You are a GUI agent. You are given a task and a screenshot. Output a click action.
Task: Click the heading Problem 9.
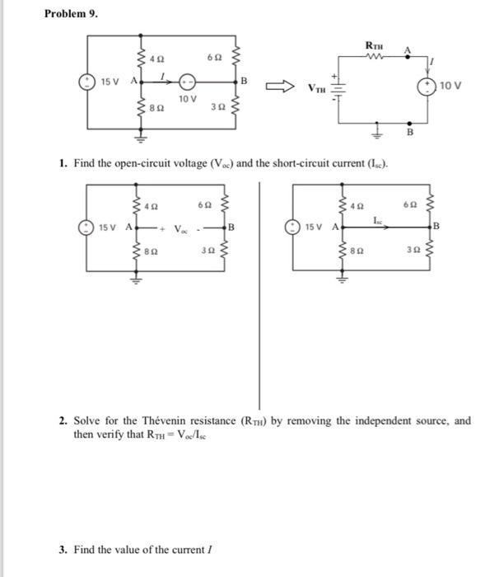pos(71,14)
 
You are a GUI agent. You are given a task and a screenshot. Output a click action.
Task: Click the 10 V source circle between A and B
pos(187,82)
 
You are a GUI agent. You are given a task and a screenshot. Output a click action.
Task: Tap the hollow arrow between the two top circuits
pos(280,87)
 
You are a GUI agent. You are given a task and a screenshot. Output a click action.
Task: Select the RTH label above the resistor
pos(374,46)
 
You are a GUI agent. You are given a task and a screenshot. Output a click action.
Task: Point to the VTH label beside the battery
pos(316,88)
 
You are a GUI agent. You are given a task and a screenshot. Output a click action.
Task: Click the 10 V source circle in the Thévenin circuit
pos(427,87)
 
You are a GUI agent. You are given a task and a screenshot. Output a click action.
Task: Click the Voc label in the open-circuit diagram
pos(180,229)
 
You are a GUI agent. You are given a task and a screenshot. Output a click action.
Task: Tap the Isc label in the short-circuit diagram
pos(378,220)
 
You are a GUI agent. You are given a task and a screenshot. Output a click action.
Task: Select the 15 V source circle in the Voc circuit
pos(86,228)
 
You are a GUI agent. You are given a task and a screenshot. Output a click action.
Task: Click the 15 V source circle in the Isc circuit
pos(293,227)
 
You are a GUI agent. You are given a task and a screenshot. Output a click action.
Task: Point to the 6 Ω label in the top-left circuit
pos(214,58)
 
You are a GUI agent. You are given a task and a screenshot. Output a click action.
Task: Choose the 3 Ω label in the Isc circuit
pos(413,250)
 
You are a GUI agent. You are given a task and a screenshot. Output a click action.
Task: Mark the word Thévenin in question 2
pos(165,420)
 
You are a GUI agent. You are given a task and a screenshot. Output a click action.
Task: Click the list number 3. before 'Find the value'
pos(63,550)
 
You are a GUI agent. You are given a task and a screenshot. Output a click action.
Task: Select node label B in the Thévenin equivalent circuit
pos(410,132)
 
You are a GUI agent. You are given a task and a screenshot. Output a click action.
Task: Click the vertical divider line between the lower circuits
pos(259,295)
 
